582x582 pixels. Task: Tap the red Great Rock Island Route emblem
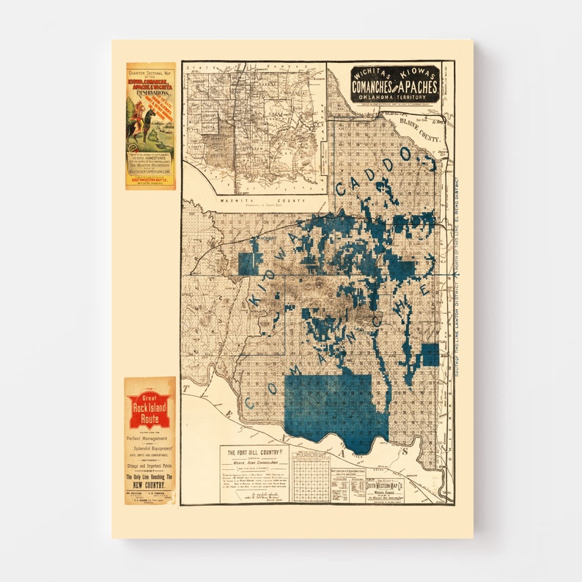150,410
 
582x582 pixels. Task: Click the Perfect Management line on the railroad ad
150,438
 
